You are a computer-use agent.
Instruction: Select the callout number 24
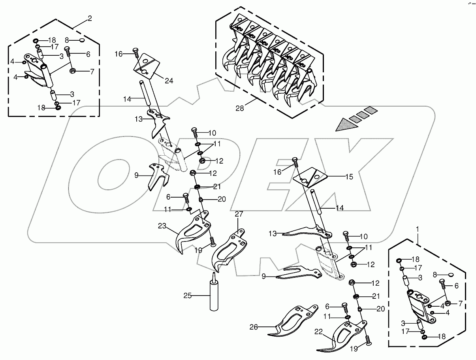click(x=169, y=81)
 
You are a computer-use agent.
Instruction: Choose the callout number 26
click(x=253, y=327)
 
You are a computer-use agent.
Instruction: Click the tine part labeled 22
click(x=344, y=334)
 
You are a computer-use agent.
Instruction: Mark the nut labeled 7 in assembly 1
click(x=448, y=303)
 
